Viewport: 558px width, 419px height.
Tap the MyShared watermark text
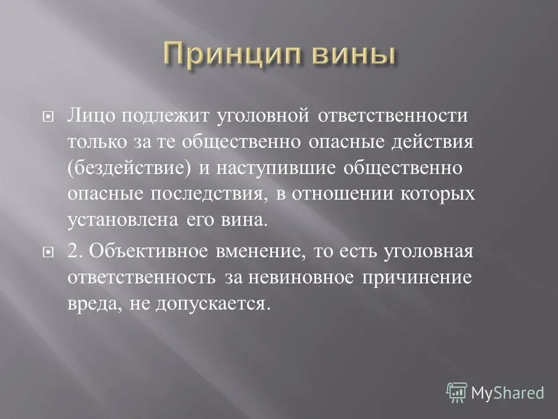[x=507, y=393]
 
